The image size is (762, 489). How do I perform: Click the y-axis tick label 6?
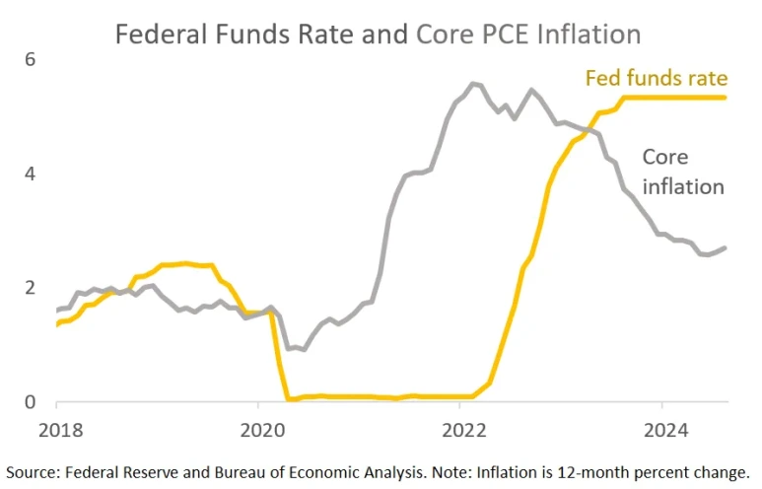click(30, 60)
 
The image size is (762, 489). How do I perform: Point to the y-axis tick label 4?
click(30, 175)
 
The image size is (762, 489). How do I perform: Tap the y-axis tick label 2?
click(30, 288)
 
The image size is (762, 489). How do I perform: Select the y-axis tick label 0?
click(30, 402)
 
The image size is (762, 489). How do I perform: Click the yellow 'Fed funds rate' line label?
click(656, 78)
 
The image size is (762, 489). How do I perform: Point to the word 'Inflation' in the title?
click(589, 35)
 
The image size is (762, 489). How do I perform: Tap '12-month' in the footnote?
click(577, 469)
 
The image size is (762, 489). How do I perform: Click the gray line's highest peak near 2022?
click(473, 83)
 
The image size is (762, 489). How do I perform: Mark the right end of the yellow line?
click(727, 97)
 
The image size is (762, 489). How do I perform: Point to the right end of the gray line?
click(727, 247)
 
